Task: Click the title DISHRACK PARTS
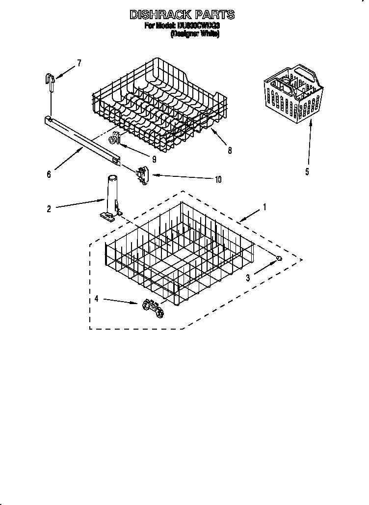coord(182,15)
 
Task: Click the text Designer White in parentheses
coord(195,34)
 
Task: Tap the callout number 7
coord(79,63)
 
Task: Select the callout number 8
coord(230,151)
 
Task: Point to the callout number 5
coord(307,172)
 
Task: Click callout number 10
coord(218,179)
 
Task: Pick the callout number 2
coord(49,209)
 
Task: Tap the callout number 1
coord(264,207)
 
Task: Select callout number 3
coord(248,278)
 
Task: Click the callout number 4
coord(97,298)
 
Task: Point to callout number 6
coord(49,174)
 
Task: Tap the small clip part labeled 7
coord(50,80)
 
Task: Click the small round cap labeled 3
coord(279,259)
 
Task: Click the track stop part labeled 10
coord(143,175)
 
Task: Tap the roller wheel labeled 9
coord(115,139)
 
